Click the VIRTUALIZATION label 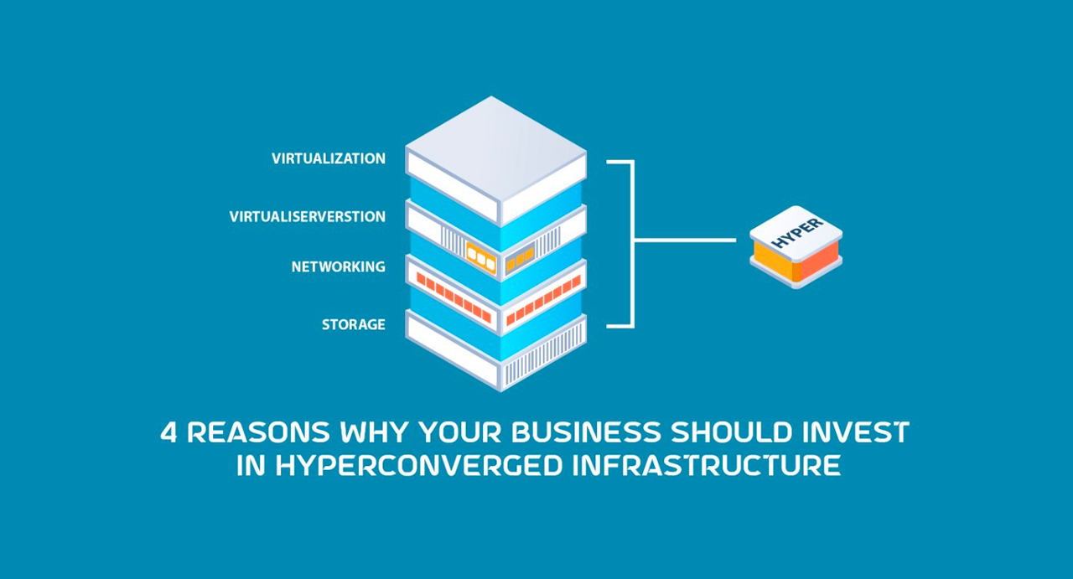tap(329, 158)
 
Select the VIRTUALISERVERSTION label tap(308, 217)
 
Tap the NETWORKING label tap(339, 267)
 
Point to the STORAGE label tap(354, 324)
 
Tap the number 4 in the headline tap(168, 432)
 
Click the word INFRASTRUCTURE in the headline tap(705, 466)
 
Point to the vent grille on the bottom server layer tap(536, 360)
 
